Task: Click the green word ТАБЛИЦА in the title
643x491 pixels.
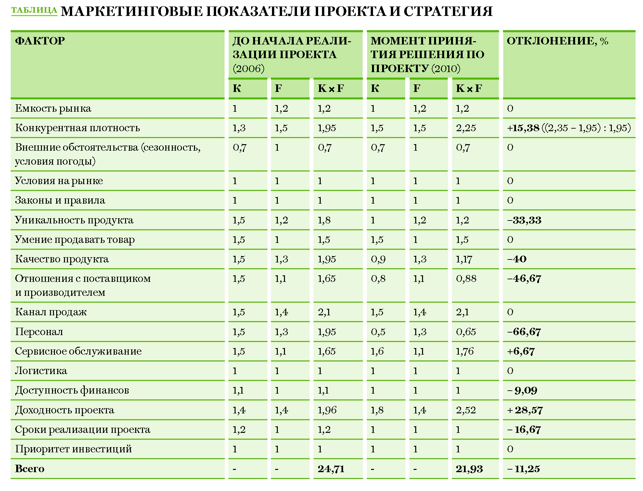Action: pos(34,10)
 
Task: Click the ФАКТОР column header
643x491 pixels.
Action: pos(40,41)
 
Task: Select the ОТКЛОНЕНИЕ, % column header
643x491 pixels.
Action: pos(557,41)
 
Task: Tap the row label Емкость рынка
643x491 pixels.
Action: pos(53,108)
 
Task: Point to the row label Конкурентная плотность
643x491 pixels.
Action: pos(77,128)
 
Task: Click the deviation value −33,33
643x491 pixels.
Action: pos(524,220)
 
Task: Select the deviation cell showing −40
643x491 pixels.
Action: pos(517,259)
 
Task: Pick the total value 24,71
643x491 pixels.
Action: pos(331,469)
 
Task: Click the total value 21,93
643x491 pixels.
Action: pos(469,469)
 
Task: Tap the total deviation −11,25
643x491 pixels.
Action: pos(523,469)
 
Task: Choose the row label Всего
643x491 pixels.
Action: pos(30,469)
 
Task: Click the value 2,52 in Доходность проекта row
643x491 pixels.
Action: pos(466,410)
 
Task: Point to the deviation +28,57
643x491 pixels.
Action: pos(525,410)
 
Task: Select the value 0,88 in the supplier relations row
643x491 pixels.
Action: pos(466,279)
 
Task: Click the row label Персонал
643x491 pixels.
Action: pos(39,332)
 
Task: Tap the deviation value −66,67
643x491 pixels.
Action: pos(524,332)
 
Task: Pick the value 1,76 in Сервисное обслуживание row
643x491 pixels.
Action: pos(465,351)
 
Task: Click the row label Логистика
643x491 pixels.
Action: pos(41,371)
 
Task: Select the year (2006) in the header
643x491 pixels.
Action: pos(249,69)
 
